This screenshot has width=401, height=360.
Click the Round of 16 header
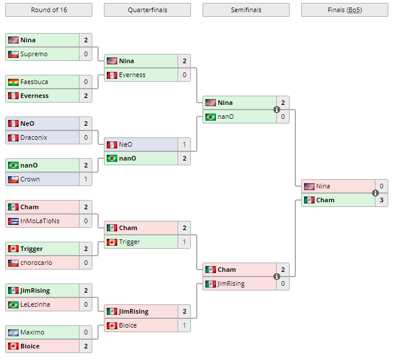48,10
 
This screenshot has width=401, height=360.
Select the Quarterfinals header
147,10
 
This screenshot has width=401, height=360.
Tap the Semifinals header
245,10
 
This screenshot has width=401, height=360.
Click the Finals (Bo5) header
344,10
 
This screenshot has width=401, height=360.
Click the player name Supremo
34,54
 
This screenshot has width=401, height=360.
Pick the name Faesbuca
34,82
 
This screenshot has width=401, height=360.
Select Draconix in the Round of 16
34,137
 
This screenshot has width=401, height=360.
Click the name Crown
30,179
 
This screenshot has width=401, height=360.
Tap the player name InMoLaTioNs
39,221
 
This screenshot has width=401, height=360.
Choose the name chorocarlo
36,263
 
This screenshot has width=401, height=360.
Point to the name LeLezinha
35,304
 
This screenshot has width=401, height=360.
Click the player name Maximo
32,332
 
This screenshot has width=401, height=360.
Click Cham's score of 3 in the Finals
381,200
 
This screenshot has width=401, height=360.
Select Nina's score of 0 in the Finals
381,186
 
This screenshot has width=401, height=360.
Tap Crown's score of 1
85,179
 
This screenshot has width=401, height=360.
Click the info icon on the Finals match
375,193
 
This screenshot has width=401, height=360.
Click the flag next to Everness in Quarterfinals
111,75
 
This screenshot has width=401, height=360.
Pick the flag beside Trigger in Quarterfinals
111,242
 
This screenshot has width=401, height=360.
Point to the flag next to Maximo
13,332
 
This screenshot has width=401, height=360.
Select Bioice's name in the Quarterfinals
128,325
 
